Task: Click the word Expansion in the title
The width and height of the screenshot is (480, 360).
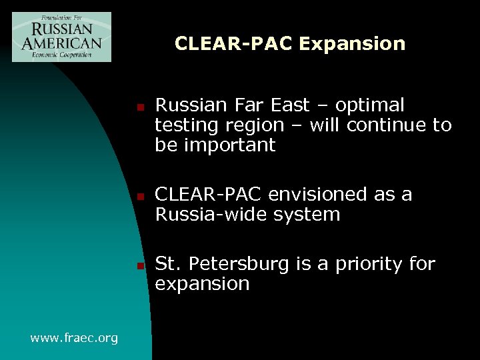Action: (x=351, y=44)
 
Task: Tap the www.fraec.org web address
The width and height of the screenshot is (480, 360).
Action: (x=74, y=338)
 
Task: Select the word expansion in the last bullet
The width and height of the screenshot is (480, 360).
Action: (x=202, y=285)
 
